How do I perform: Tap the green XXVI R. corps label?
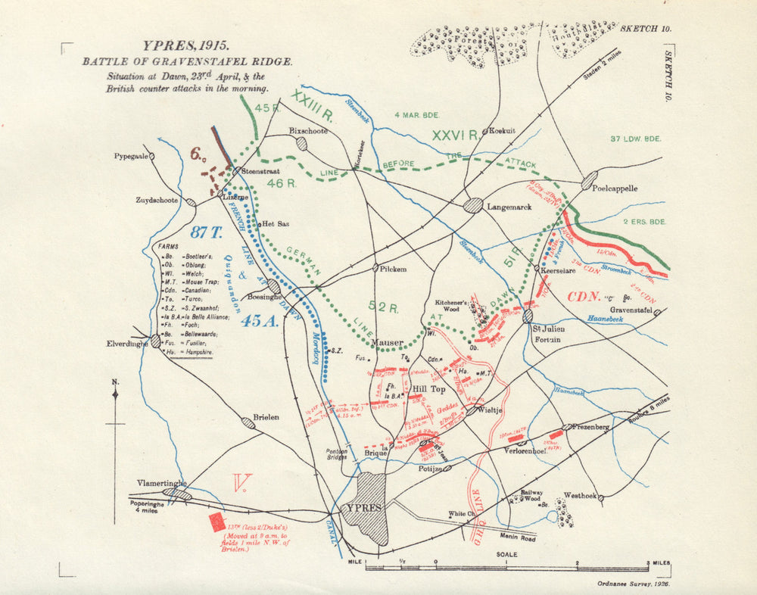pos(454,136)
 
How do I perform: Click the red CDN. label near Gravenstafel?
pos(584,296)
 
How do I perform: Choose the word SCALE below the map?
pos(507,555)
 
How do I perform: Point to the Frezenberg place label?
pos(590,428)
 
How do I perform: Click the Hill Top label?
pos(428,389)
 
